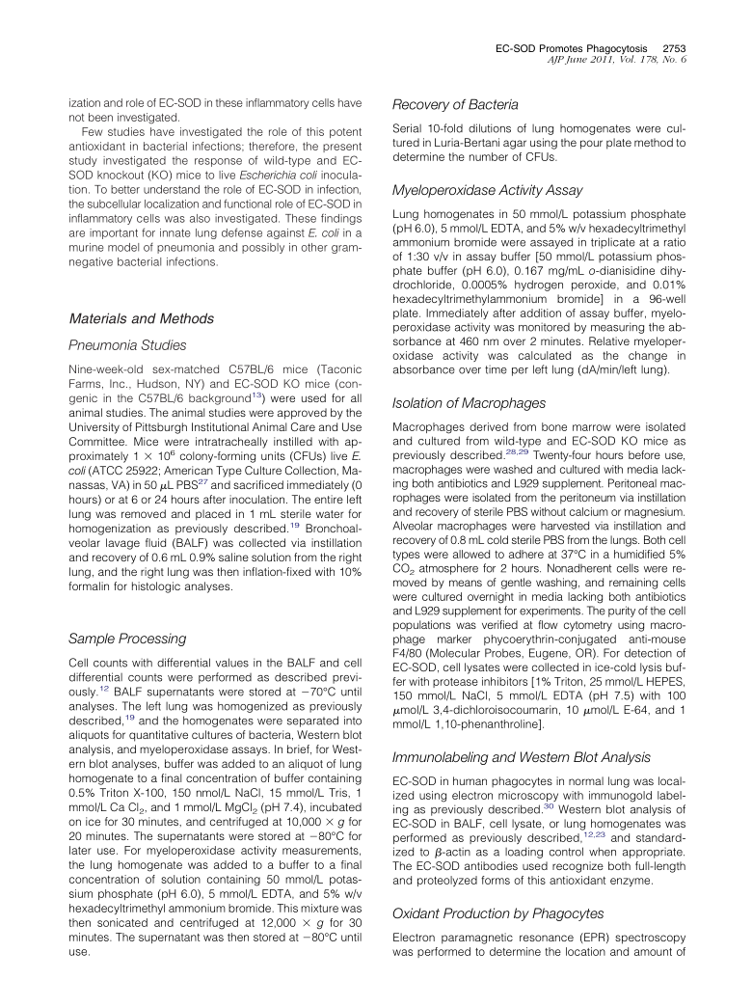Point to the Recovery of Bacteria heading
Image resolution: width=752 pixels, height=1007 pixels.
(x=455, y=104)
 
